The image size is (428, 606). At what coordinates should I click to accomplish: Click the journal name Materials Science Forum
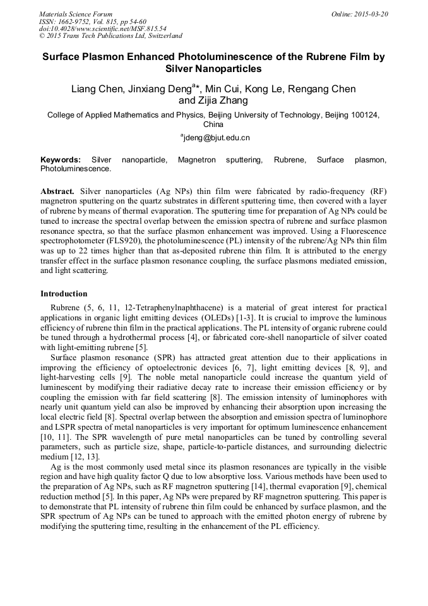76,14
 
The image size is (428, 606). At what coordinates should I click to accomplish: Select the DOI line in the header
103,28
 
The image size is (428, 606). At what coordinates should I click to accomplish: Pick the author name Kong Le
277,88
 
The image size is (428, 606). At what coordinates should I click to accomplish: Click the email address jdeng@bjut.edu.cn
217,137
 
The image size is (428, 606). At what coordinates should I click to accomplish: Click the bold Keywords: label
61,160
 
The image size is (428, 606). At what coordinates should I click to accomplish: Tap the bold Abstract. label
57,190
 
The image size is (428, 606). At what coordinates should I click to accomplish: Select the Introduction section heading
64,294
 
